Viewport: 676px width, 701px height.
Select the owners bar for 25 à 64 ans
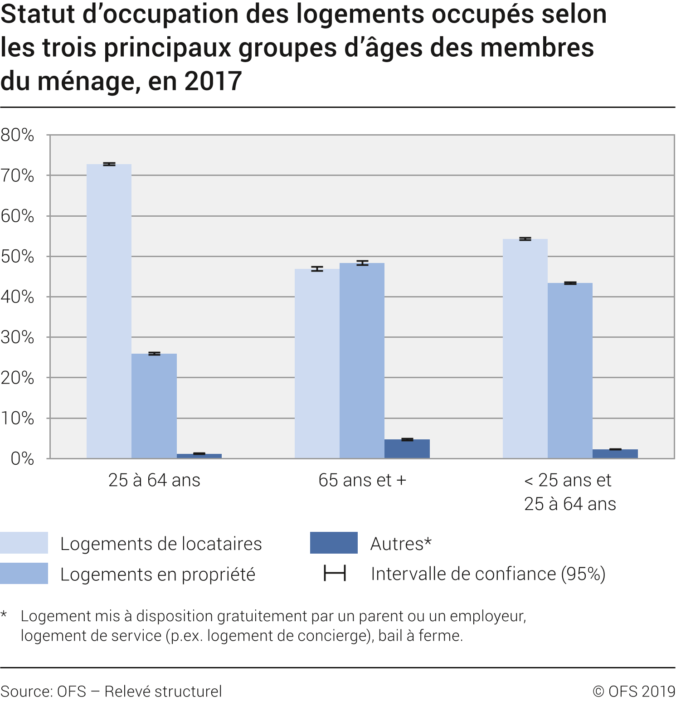(154, 406)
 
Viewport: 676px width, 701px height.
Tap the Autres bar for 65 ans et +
(407, 448)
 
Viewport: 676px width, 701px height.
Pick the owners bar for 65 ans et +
(362, 360)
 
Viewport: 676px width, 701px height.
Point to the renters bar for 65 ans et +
(317, 363)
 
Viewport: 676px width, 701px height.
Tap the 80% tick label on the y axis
(17, 135)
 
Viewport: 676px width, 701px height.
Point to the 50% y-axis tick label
(17, 257)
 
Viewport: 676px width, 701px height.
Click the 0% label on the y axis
(22, 458)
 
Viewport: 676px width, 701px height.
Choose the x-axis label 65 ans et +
(362, 480)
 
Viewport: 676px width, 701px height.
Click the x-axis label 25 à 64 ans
(154, 480)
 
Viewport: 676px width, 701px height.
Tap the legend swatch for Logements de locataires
(24, 543)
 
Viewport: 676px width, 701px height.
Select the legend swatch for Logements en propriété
(24, 573)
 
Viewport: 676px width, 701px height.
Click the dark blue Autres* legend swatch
(334, 543)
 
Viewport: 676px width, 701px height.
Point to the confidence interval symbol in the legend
(335, 573)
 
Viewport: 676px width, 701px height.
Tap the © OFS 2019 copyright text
(634, 691)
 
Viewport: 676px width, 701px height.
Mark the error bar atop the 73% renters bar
(109, 164)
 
